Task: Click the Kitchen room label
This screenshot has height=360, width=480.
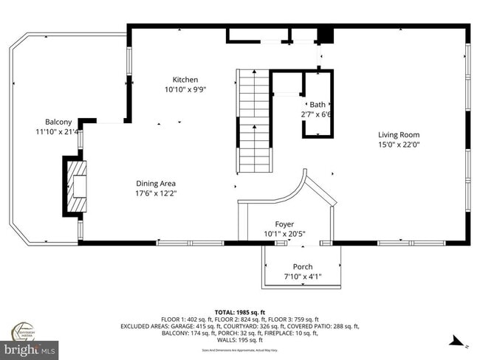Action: click(185, 80)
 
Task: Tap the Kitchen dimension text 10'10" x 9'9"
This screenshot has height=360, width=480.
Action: click(185, 90)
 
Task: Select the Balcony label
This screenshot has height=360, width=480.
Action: click(58, 122)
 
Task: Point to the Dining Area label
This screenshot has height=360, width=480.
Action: click(156, 184)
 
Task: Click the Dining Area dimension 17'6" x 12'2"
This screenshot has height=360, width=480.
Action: click(156, 194)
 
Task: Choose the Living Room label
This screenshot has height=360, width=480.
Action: click(399, 135)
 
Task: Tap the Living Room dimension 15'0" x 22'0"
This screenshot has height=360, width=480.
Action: click(399, 145)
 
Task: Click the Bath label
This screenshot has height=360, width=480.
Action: click(318, 105)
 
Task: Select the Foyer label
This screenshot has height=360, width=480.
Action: click(284, 224)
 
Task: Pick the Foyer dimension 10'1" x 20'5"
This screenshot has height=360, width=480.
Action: click(284, 234)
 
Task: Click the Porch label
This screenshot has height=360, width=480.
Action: click(303, 266)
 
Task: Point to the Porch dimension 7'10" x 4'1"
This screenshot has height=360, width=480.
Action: click(303, 277)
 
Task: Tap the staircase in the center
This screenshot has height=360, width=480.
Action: click(253, 118)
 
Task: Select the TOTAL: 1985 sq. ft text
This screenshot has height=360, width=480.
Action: click(239, 311)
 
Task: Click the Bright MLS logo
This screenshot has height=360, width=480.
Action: click(30, 345)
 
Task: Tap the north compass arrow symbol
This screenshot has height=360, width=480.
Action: click(456, 342)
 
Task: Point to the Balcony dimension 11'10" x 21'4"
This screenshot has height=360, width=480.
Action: click(58, 132)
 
